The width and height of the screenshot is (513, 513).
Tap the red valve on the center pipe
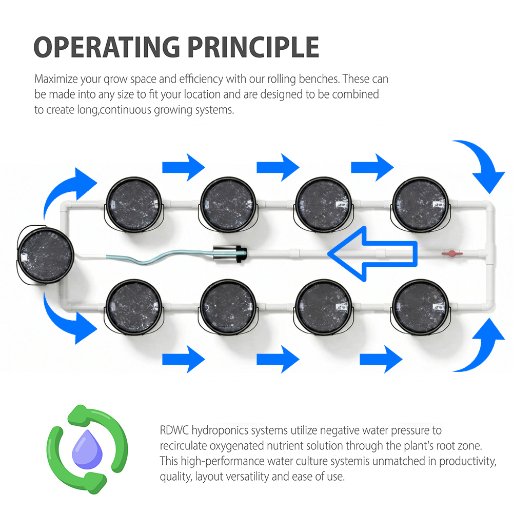coord(450,253)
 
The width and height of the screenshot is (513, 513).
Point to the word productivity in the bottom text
coord(465,461)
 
